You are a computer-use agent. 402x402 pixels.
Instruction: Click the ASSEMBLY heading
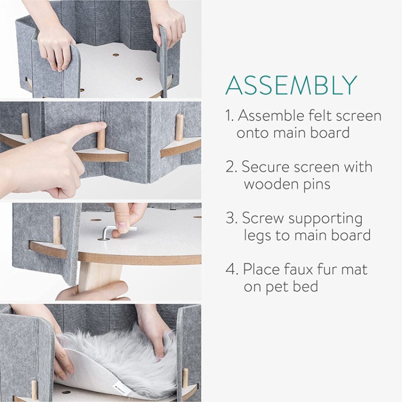coord(291,85)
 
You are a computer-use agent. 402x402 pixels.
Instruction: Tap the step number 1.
coord(230,116)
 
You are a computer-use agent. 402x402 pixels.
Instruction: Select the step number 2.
coord(231,167)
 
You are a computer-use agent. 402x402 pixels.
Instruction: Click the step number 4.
coord(231,269)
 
